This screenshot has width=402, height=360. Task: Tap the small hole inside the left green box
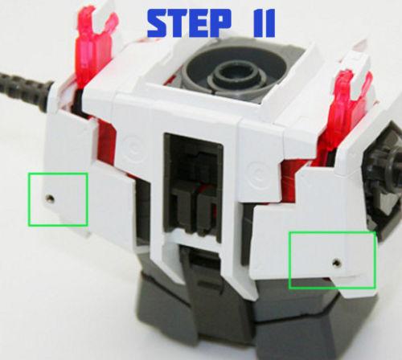coord(51,197)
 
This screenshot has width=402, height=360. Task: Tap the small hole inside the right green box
coord(335,262)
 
